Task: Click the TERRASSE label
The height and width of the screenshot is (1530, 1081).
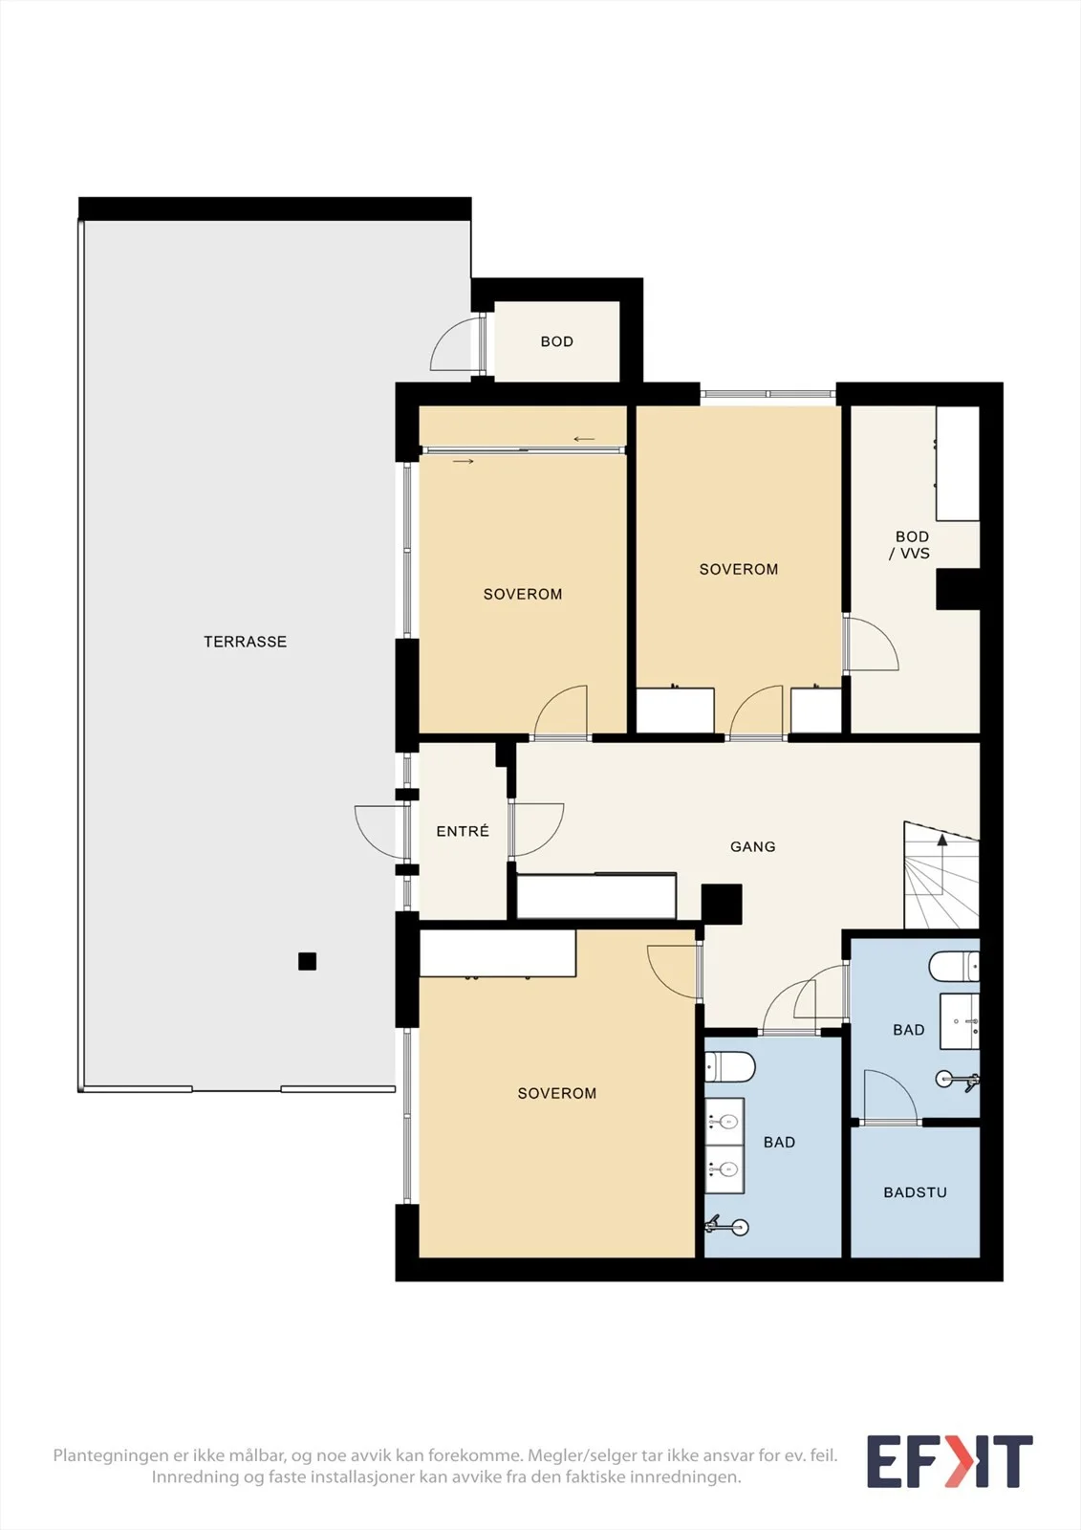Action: pyautogui.click(x=245, y=642)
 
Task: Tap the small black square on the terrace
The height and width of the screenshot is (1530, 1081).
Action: pyautogui.click(x=308, y=961)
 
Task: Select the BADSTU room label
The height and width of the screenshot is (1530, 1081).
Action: pyautogui.click(x=915, y=1192)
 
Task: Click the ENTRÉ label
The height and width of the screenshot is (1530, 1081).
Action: pyautogui.click(x=463, y=831)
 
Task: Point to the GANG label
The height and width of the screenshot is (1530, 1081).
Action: pyautogui.click(x=753, y=847)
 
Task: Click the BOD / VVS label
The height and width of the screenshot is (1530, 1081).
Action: pyautogui.click(x=911, y=545)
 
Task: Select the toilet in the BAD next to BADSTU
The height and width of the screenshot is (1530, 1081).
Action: pyautogui.click(x=954, y=966)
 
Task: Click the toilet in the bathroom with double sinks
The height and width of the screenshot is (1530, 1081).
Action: pyautogui.click(x=730, y=1067)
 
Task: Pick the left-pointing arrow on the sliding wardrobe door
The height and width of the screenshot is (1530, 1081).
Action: pyautogui.click(x=584, y=439)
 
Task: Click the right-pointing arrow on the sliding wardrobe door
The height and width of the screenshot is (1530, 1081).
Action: pyautogui.click(x=463, y=462)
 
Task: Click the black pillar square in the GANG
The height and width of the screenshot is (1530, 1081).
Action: pyautogui.click(x=722, y=905)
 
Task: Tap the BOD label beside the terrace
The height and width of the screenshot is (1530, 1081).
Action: pyautogui.click(x=557, y=341)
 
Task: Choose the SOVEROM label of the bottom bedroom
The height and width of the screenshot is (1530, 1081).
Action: pyautogui.click(x=557, y=1094)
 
